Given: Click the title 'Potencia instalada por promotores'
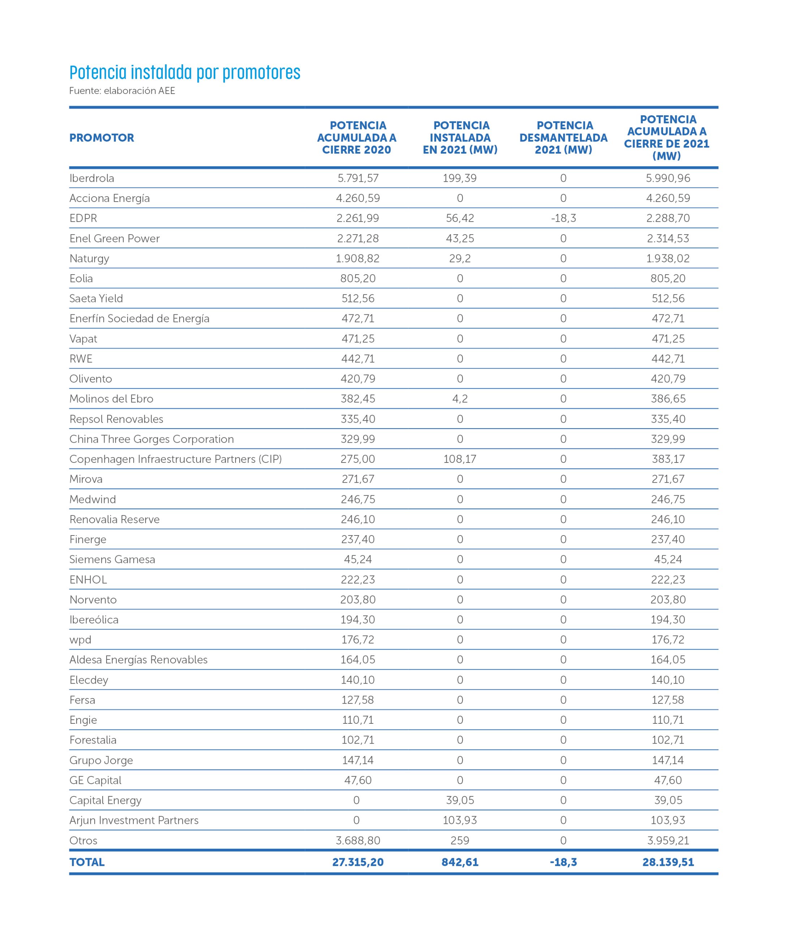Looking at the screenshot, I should click(185, 72).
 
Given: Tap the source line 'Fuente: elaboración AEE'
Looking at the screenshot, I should click(122, 91).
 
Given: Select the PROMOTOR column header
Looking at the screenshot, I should click(102, 138).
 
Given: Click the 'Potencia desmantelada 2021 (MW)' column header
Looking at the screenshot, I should click(563, 138).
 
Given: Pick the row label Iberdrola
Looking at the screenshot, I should click(92, 178).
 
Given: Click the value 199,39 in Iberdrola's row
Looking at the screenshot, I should click(460, 178).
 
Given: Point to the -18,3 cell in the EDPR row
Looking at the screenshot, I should click(563, 218).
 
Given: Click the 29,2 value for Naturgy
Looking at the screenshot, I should click(460, 259).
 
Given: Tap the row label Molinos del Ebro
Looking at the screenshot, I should click(111, 399).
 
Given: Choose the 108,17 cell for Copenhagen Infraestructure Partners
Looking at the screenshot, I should click(460, 459).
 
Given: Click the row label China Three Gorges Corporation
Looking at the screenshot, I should click(151, 439).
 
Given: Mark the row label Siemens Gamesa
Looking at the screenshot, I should click(112, 560).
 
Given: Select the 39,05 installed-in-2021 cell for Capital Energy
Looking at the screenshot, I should click(460, 800).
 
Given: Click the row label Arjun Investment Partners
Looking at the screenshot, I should click(134, 821).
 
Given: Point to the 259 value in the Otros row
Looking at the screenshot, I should click(460, 841).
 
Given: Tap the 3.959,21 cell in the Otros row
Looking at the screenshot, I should click(668, 841).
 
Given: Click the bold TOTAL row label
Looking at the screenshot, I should click(87, 862).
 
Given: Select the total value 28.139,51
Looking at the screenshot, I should click(668, 862).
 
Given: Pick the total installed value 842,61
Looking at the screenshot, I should click(460, 862).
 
